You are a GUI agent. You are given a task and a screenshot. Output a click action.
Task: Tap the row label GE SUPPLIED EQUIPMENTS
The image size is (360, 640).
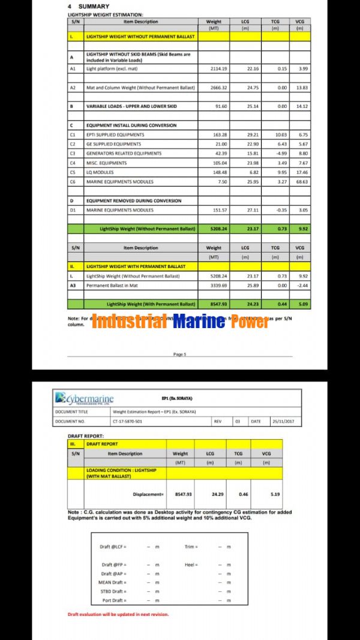coord(114,144)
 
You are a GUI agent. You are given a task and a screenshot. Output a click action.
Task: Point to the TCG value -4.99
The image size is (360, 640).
coord(275,154)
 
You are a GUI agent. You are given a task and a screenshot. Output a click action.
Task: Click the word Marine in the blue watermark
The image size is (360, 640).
coord(198,322)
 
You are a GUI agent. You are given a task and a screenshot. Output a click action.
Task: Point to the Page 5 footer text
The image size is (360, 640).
coord(179,354)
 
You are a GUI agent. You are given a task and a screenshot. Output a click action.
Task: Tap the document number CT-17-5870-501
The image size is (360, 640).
coord(133,421)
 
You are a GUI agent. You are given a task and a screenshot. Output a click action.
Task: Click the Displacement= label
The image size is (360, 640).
coord(148,494)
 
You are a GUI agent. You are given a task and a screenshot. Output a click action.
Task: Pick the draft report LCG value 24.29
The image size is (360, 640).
coord(218,494)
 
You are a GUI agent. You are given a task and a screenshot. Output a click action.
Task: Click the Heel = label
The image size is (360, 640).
coord(191,565)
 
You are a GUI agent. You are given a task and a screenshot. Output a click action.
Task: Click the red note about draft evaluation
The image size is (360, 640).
coord(118,614)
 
